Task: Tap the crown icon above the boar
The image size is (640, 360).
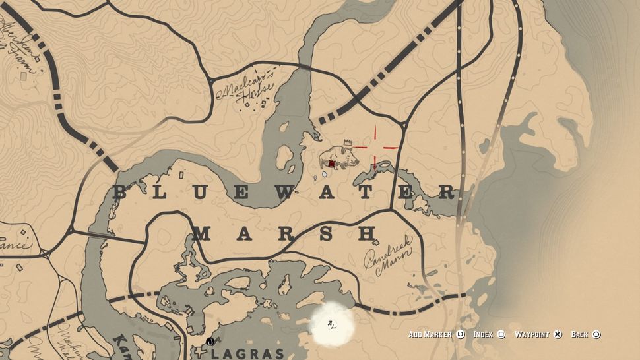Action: point(348,142)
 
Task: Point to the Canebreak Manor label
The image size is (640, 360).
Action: point(389,254)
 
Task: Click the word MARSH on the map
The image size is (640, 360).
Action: point(285,233)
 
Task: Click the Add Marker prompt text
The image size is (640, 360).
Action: point(430,334)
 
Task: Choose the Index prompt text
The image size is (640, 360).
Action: point(484,334)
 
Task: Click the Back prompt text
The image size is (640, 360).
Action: point(579,334)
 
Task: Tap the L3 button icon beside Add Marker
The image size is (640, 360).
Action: point(460,334)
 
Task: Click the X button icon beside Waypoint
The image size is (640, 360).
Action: point(558,334)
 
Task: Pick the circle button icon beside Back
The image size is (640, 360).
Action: point(596,334)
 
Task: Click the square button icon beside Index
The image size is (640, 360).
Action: point(502,334)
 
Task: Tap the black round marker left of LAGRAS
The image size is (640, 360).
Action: point(210,342)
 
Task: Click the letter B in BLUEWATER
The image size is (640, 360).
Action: point(120,193)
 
